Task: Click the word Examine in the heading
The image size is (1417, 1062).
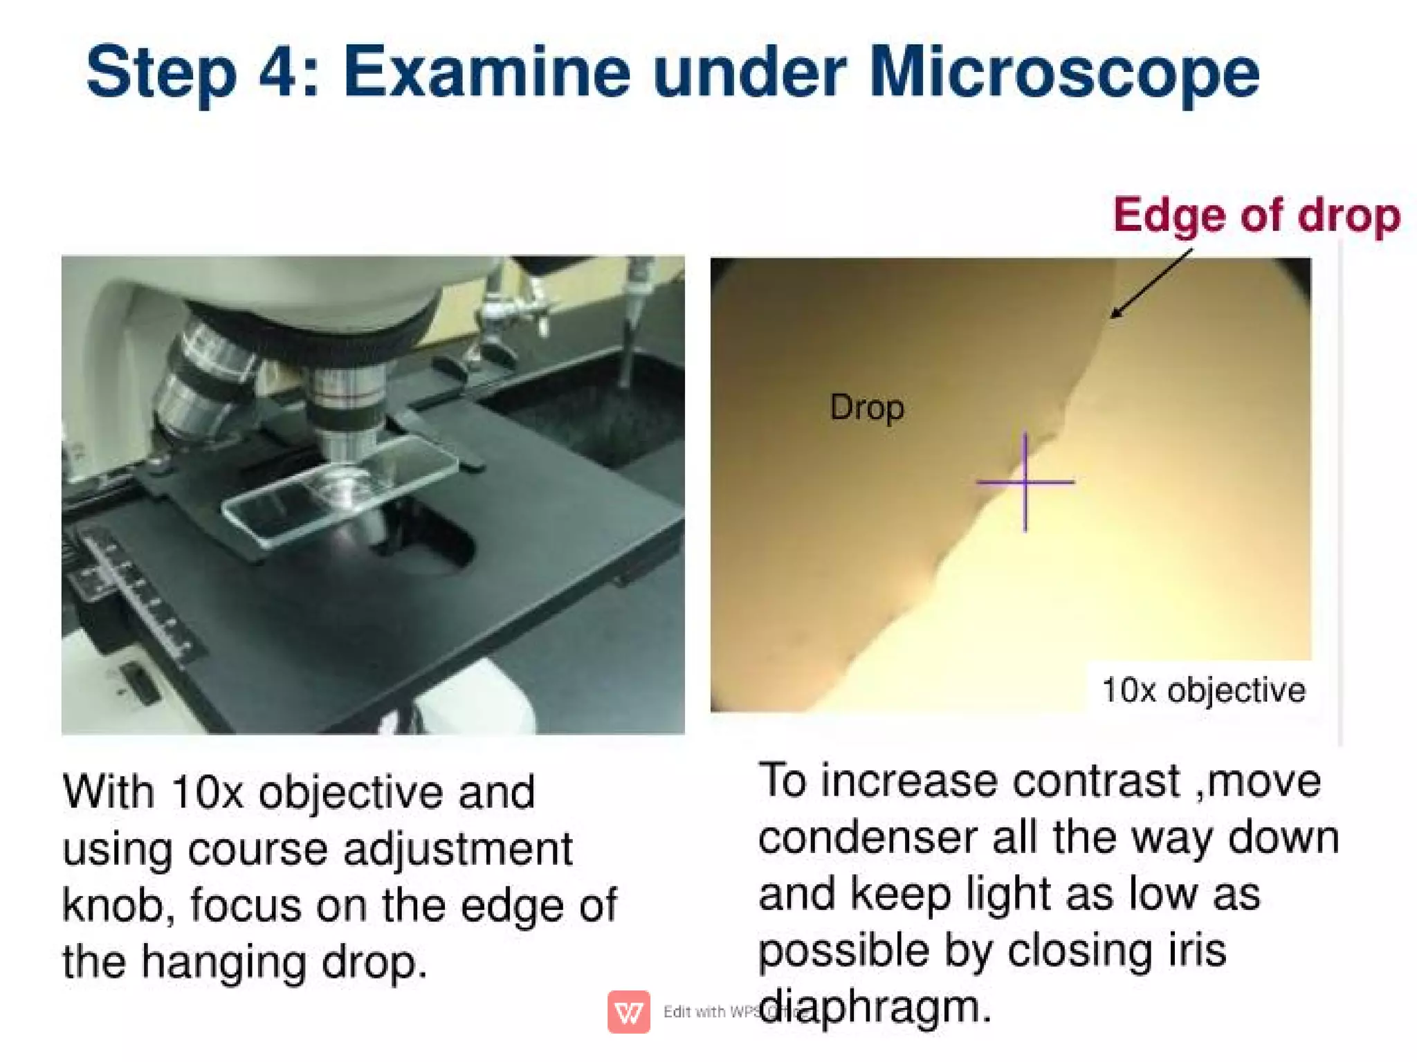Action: pyautogui.click(x=486, y=73)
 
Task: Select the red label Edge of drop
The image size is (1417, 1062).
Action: pyautogui.click(x=1256, y=215)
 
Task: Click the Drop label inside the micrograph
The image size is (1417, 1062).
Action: pyautogui.click(x=866, y=408)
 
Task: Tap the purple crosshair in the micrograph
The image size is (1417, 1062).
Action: pyautogui.click(x=1025, y=482)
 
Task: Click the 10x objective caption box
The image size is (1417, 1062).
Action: pyautogui.click(x=1203, y=690)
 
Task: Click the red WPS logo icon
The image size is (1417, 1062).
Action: pyautogui.click(x=628, y=1011)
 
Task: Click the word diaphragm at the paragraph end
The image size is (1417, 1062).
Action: pyautogui.click(x=875, y=1007)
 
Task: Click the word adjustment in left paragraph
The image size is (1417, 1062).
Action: pyautogui.click(x=458, y=849)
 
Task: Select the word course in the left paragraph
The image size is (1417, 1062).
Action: pyautogui.click(x=257, y=849)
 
